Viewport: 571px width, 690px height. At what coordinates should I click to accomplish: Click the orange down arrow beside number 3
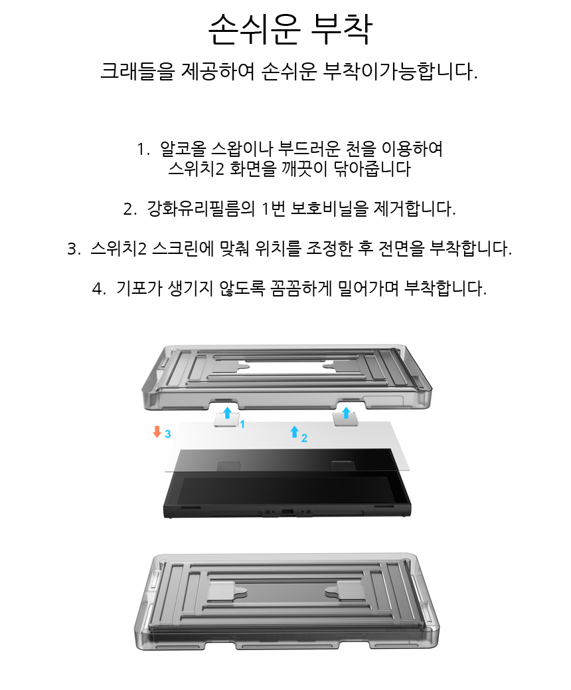(x=157, y=431)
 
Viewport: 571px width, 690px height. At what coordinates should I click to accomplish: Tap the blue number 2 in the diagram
(x=304, y=438)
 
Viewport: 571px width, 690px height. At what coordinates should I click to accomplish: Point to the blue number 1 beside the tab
(x=242, y=424)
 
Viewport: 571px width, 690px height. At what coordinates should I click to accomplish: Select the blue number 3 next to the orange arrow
(x=167, y=434)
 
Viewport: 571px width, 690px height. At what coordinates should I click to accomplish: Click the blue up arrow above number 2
(x=295, y=431)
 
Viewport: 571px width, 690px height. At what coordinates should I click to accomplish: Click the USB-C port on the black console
(x=288, y=513)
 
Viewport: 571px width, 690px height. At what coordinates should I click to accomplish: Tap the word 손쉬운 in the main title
(x=254, y=29)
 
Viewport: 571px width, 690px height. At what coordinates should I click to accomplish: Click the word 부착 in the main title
(x=341, y=29)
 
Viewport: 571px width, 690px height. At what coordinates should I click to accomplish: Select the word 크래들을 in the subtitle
(x=137, y=71)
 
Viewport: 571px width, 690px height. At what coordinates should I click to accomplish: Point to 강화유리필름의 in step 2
(x=201, y=209)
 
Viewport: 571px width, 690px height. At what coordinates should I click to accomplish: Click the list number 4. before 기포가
(x=99, y=289)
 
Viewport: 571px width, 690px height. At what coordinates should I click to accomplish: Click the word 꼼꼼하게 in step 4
(x=301, y=288)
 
